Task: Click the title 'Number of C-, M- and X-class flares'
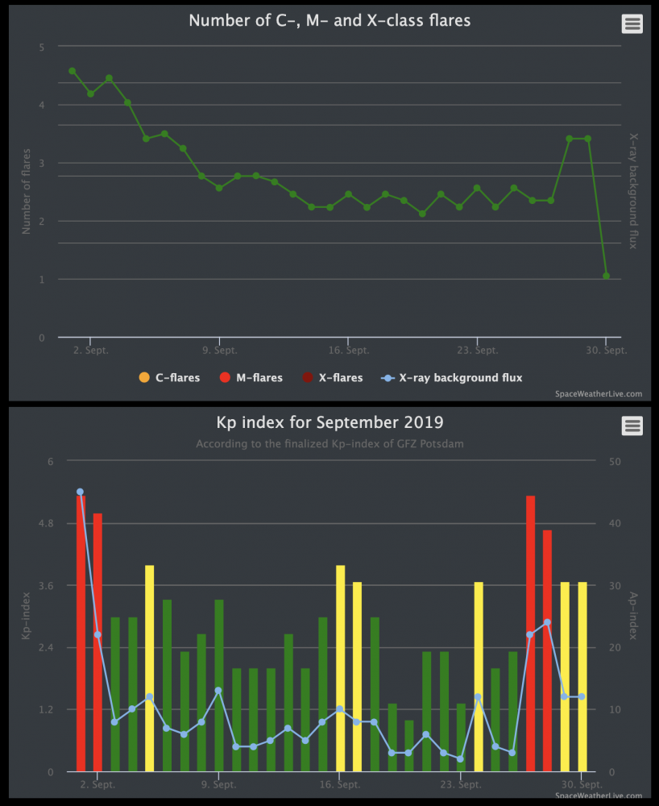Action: click(x=329, y=21)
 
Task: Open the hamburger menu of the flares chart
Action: click(x=632, y=23)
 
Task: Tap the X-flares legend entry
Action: click(x=334, y=377)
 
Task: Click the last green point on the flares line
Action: click(x=606, y=276)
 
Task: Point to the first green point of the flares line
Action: click(x=73, y=71)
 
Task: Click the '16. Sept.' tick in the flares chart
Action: click(x=348, y=351)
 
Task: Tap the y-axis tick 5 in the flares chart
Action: click(x=42, y=47)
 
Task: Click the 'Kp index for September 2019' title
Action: click(x=329, y=422)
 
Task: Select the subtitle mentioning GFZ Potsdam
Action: click(x=329, y=443)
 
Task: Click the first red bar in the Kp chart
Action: click(x=81, y=637)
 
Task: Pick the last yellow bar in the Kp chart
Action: click(x=582, y=677)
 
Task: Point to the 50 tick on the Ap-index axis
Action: click(x=615, y=461)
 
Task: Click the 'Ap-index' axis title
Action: click(x=633, y=616)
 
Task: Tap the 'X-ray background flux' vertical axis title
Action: click(x=633, y=190)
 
